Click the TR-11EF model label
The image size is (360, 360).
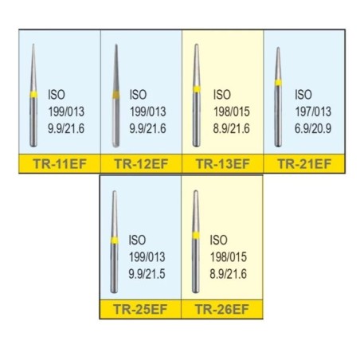(x=60, y=164)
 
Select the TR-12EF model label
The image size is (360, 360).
(x=141, y=164)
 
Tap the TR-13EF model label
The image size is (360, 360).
(x=223, y=164)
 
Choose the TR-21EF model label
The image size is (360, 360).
(x=304, y=164)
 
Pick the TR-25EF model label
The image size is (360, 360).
(x=140, y=309)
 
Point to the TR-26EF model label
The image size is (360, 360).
(x=222, y=309)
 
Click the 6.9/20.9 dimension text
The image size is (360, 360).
(x=313, y=129)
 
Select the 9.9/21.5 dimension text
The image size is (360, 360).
(x=147, y=274)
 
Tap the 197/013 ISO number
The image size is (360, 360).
(x=313, y=112)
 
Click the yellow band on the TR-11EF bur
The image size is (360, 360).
(x=33, y=95)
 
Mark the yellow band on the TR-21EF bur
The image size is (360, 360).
(x=278, y=83)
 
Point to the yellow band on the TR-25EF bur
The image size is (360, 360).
(x=115, y=241)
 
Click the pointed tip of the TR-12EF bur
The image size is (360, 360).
(x=116, y=45)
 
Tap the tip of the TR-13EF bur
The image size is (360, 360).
(x=197, y=45)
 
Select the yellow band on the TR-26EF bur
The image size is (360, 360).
(x=196, y=236)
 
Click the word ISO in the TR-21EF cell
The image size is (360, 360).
(x=303, y=95)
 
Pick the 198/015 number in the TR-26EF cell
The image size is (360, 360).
(x=229, y=257)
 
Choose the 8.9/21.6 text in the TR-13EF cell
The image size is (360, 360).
(x=231, y=129)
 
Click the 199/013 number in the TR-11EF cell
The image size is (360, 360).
(x=66, y=112)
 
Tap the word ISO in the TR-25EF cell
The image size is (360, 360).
(x=137, y=240)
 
